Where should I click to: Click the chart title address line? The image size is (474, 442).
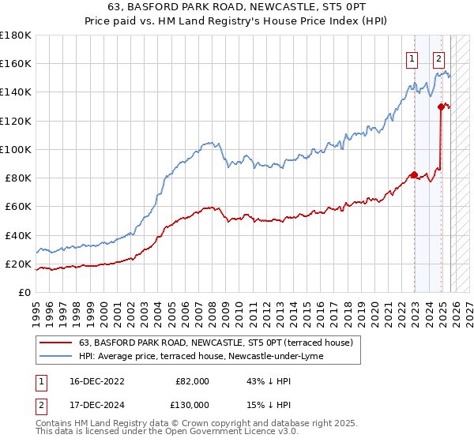[237, 8]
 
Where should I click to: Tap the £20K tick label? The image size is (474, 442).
[17, 264]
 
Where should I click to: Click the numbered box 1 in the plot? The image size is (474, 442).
[412, 58]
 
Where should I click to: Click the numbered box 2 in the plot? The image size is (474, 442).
[438, 58]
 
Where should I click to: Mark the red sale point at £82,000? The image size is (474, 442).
[413, 175]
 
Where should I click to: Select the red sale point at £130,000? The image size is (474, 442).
[440, 106]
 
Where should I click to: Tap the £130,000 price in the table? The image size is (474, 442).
[192, 404]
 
